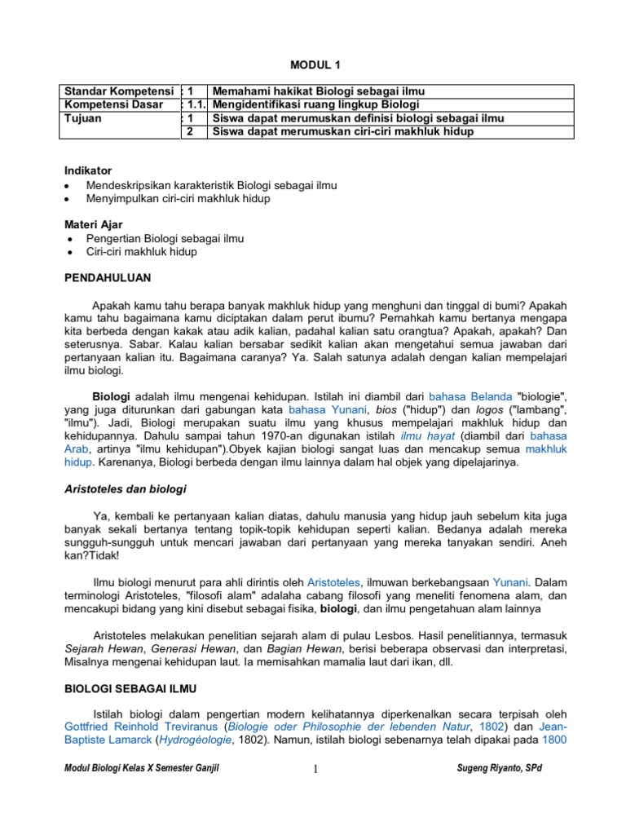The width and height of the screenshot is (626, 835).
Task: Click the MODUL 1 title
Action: (312, 66)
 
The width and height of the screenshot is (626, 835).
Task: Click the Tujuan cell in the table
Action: (84, 117)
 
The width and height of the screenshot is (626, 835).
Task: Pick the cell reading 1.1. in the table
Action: (194, 104)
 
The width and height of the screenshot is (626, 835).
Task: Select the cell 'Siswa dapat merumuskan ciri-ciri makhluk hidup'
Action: (341, 131)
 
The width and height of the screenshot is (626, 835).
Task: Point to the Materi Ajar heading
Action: (94, 224)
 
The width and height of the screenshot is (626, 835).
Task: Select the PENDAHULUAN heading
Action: (108, 278)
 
